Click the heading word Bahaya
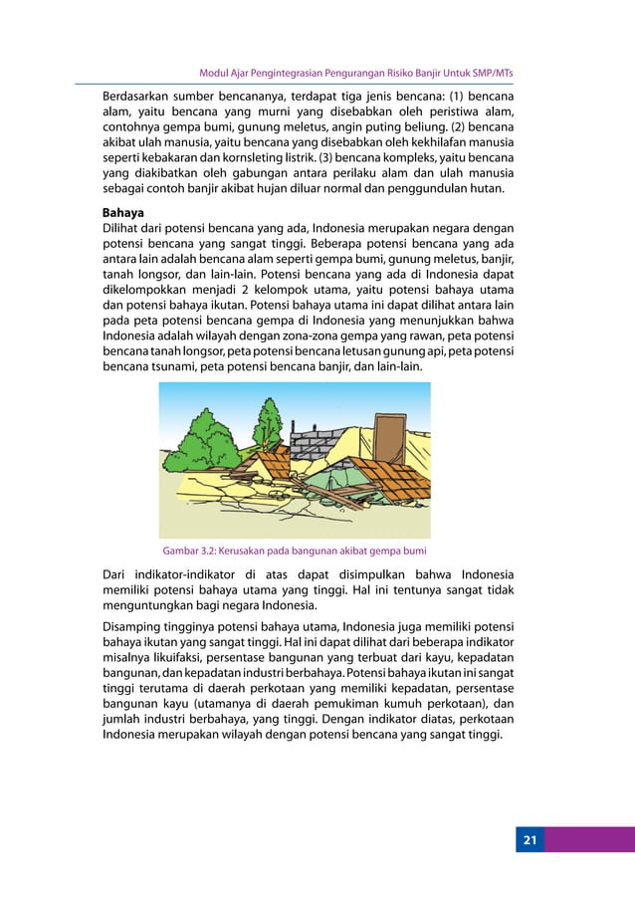click(124, 213)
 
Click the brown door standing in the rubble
click(391, 433)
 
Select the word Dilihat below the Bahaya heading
click(124, 228)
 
